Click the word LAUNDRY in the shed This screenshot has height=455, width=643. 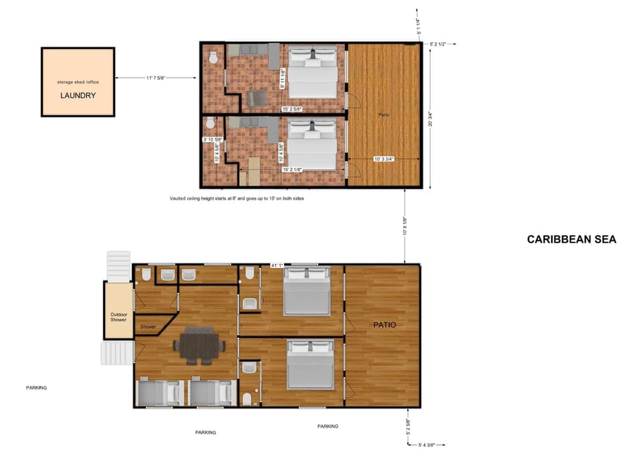pos(78,95)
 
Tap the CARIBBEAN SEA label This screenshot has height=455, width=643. pos(571,239)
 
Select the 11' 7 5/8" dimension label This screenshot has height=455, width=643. pos(155,78)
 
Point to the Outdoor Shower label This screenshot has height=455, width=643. pos(118,316)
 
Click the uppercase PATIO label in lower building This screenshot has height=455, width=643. pos(384,325)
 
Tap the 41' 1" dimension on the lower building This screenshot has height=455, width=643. pos(277,265)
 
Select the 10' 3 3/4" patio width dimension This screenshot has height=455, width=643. pos(384,159)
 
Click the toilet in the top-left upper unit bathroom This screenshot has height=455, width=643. pos(214,58)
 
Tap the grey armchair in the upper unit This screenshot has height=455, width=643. pos(256,99)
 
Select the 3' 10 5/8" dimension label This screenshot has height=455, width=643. pos(212,139)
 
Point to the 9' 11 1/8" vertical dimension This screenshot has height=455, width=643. pos(283,79)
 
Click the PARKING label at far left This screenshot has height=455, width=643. pos(36,387)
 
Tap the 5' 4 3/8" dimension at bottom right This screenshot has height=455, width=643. pos(431,444)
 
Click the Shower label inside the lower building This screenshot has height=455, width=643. pos(148,327)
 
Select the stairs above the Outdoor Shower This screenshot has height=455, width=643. pos(118,265)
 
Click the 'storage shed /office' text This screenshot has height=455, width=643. pos(78,82)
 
